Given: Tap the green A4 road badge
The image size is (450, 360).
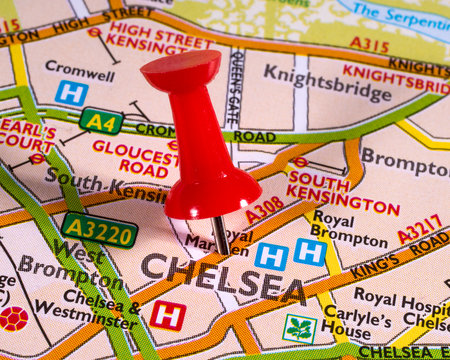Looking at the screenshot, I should pos(101,121).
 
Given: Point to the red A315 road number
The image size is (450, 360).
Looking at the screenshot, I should pos(370,45).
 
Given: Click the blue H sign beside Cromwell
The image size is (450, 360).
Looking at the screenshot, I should pos(71,93).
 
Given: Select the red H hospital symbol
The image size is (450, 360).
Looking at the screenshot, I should pos(167,315).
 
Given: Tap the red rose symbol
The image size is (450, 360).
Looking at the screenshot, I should pos(13,319).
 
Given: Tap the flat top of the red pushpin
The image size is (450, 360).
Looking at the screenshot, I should pos(180,69).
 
